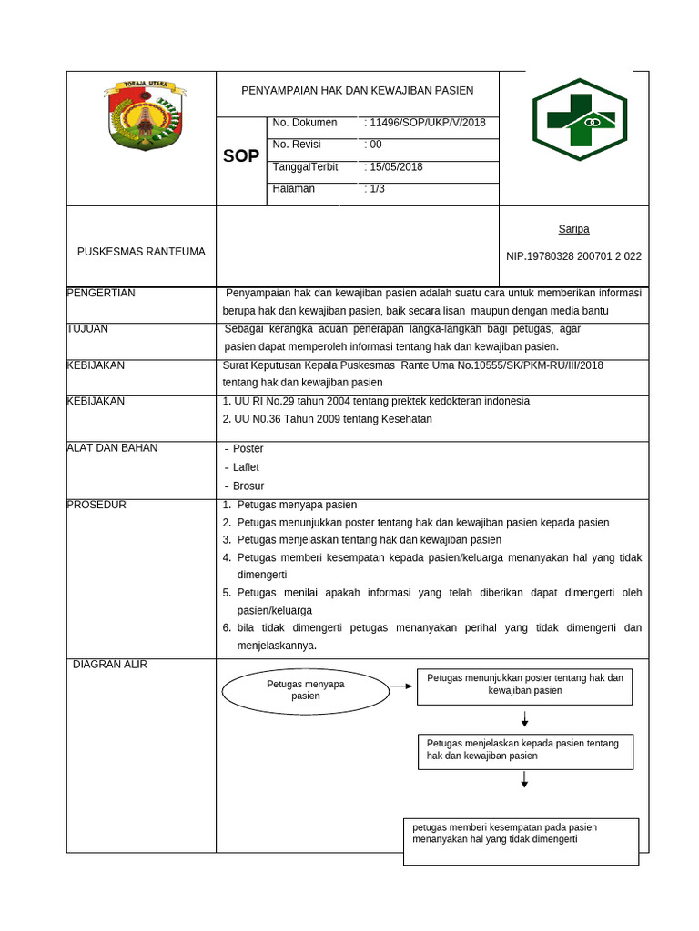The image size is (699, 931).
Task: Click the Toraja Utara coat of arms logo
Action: [x=145, y=115]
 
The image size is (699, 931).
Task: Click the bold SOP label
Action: [x=241, y=156]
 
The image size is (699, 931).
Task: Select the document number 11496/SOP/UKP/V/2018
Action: [x=426, y=123]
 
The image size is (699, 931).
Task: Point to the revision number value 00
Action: [x=373, y=145]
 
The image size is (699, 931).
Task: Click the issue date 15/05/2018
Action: [x=394, y=167]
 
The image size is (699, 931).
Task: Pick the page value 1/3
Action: [x=375, y=189]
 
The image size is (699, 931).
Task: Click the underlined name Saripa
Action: [x=573, y=229]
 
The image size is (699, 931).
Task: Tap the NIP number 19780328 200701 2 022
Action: [x=573, y=256]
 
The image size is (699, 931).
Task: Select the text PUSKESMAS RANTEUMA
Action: [x=141, y=252]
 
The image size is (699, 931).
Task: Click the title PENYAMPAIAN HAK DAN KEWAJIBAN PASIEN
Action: [x=357, y=91]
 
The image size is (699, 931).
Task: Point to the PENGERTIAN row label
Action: [x=101, y=293]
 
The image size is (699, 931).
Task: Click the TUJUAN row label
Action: [x=88, y=329]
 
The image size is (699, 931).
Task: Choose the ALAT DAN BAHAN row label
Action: [x=112, y=447]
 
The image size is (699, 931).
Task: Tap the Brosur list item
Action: [x=248, y=486]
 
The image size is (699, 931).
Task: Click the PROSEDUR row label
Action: [x=96, y=505]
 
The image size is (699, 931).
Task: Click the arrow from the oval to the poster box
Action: [x=400, y=686]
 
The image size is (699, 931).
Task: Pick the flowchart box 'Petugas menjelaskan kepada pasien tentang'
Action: [x=525, y=750]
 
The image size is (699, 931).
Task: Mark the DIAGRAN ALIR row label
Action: [x=109, y=665]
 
